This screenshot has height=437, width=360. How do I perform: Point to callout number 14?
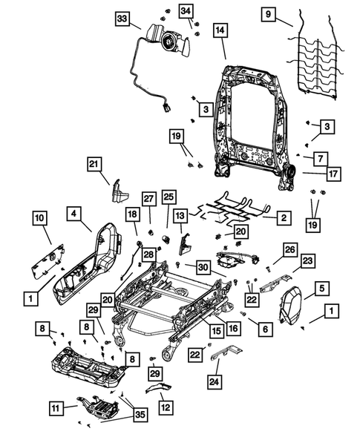point(220,30)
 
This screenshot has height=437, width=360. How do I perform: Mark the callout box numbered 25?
point(168,197)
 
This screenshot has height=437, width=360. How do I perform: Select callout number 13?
point(180,215)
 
